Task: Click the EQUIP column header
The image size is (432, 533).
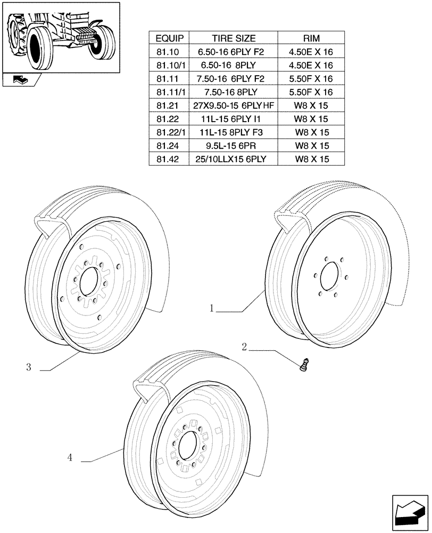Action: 169,38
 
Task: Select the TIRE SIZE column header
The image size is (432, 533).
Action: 234,38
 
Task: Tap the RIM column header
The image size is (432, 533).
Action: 315,38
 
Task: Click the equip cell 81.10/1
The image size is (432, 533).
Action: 169,66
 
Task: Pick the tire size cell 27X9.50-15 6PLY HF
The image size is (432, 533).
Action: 235,106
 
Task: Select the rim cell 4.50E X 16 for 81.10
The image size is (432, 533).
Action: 315,52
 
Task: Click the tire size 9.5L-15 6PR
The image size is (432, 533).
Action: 234,146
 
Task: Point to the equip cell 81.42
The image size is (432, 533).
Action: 169,159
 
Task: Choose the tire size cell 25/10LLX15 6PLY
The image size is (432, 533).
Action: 234,159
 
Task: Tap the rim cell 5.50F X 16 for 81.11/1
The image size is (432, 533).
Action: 315,92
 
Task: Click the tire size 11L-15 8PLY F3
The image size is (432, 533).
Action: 234,132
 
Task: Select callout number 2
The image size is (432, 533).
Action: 244,348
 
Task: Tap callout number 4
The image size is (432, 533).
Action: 70,457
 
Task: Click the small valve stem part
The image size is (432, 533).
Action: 305,366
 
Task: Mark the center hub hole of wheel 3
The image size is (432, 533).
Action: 90,280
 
